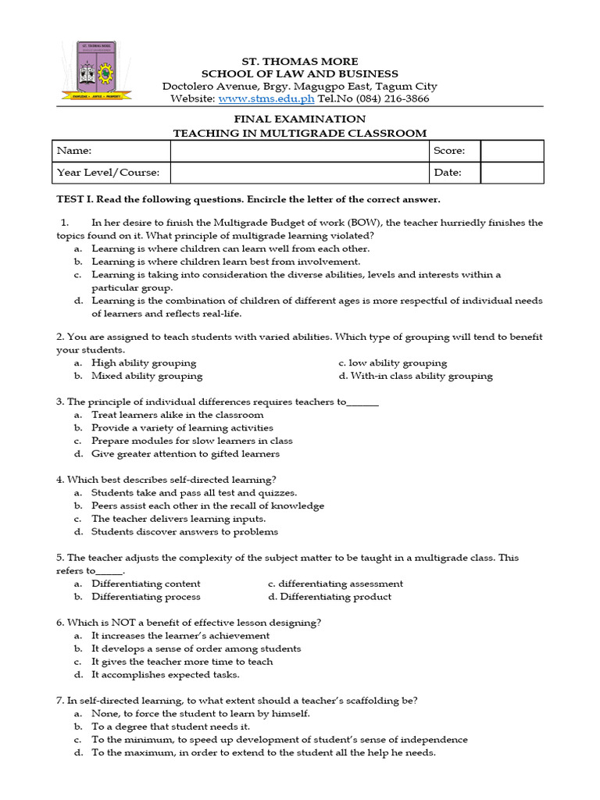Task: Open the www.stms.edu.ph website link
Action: point(266,99)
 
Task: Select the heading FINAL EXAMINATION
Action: point(300,120)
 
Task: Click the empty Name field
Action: point(299,151)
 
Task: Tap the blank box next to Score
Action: point(512,151)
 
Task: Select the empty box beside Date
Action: point(512,173)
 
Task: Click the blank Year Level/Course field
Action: point(299,173)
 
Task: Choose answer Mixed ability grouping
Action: point(146,376)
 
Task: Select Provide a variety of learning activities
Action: point(182,428)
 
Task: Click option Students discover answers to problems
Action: point(184,532)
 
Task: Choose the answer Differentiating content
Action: point(145,584)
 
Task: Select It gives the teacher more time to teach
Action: point(182,662)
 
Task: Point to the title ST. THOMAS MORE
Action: point(300,61)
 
